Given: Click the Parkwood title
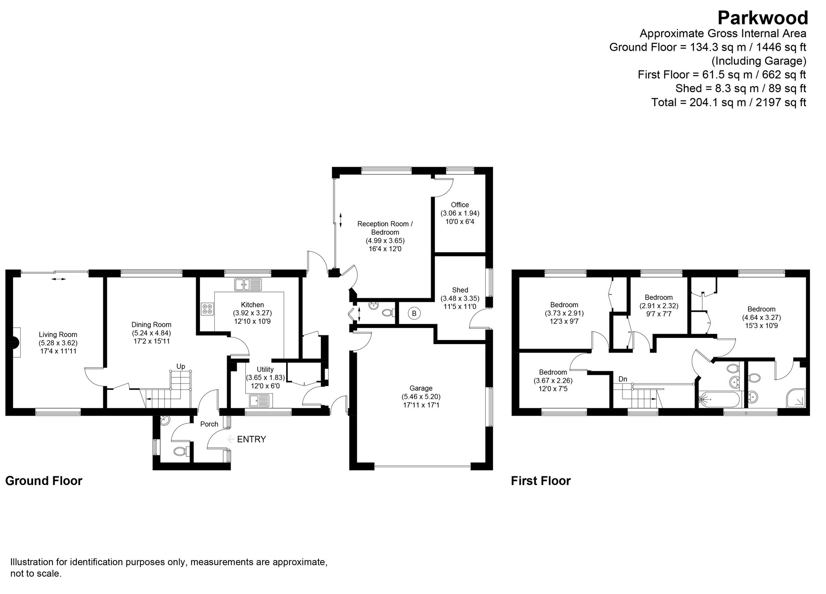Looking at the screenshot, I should tap(762, 19).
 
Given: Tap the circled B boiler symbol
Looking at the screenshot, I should tap(414, 314).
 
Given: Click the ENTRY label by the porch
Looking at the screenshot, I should tap(251, 439).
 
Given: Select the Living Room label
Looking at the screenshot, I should tap(58, 335).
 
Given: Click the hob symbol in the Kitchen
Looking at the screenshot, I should tap(207, 309).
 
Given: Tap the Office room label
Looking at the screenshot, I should tap(460, 205).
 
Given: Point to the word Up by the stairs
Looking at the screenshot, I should tap(180, 366).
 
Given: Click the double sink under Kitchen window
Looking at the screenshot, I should tap(248, 284).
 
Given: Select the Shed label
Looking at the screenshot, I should tap(460, 290).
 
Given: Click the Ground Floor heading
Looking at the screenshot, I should tap(44, 481).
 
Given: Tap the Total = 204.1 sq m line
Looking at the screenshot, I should tap(729, 102).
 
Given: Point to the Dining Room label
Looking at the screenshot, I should tap(151, 325).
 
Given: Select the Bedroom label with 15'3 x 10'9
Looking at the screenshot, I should tap(761, 309).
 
